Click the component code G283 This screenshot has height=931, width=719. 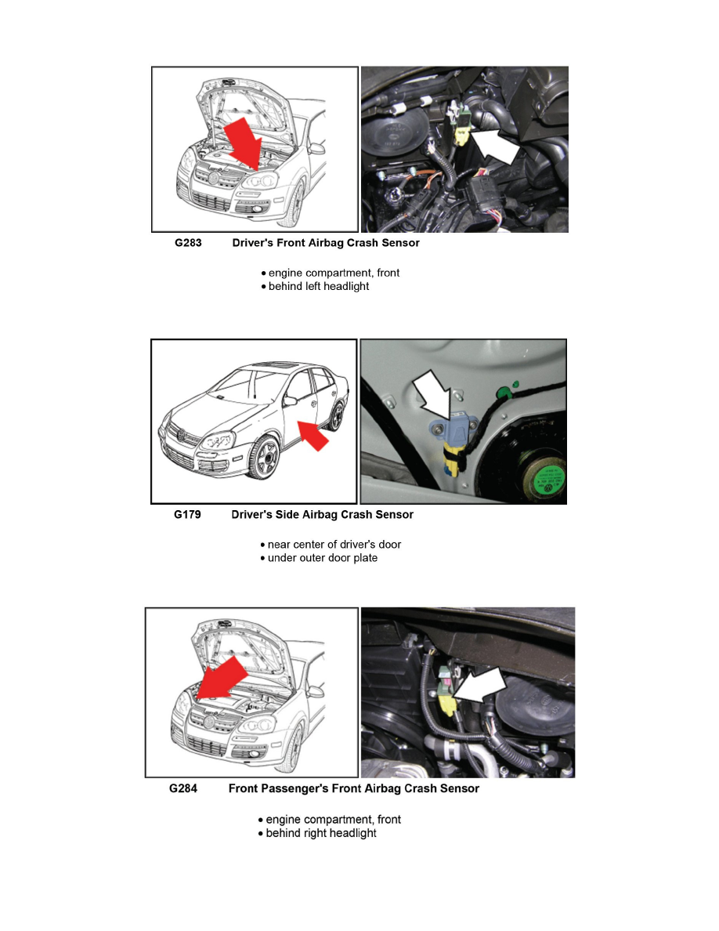(x=187, y=243)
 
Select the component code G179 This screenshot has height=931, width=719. (x=187, y=515)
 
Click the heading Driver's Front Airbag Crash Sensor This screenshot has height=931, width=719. (x=326, y=243)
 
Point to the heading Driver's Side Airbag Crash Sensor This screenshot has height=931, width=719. (x=322, y=515)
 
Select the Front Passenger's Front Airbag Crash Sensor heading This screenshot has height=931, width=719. (x=353, y=788)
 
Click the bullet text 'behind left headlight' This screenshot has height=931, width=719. (x=318, y=287)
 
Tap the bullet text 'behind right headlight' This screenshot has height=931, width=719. (x=320, y=833)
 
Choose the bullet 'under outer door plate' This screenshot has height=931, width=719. (x=322, y=558)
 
